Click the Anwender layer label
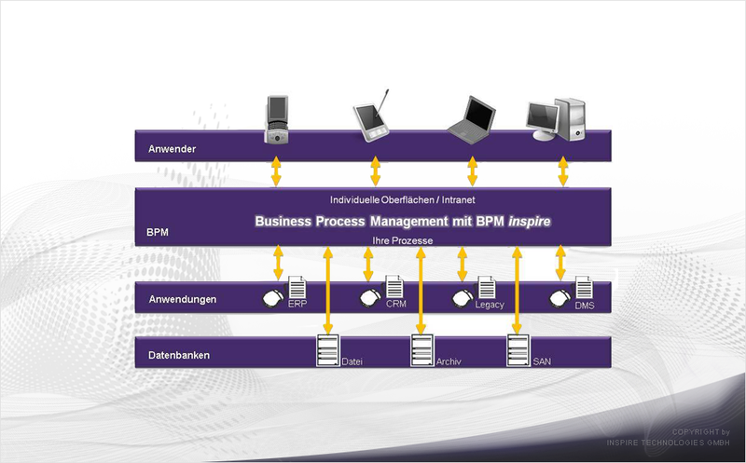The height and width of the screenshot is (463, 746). coord(172,149)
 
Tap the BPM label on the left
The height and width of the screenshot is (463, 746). coord(157,233)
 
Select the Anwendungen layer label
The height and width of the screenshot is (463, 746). coord(182,299)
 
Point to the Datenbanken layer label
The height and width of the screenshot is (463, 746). coord(179,355)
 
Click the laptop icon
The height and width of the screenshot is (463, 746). coord(472,120)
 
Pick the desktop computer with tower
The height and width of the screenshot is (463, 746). coord(556,119)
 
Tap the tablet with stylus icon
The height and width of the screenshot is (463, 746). coord(371,116)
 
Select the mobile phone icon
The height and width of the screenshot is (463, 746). coord(277,120)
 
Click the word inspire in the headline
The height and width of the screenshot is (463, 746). coord(530,222)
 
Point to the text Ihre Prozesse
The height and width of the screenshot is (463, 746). coord(403,240)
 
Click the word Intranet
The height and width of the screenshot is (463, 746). coord(458,200)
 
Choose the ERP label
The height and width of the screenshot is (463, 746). coord(297,304)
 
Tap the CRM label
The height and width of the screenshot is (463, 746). coord(395,304)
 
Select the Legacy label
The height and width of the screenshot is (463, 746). coord(490,305)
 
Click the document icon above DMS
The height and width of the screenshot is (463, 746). coord(585,288)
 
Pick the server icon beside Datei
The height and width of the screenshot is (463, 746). coord(328,350)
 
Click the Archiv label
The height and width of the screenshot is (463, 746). coord(449,361)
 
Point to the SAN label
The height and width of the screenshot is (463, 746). coord(542,361)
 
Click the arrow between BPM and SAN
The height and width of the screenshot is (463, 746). coord(518,290)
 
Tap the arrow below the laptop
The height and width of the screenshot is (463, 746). coord(473,171)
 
